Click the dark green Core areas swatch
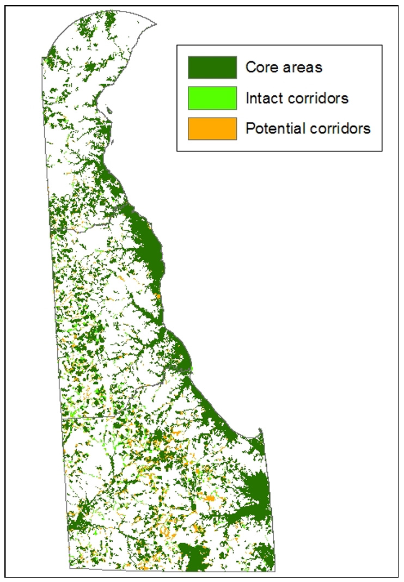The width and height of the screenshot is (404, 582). (212, 68)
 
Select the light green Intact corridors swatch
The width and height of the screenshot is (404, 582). (212, 98)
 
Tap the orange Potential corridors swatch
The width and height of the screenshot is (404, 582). (212, 128)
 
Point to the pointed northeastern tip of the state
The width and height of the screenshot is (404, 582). (156, 24)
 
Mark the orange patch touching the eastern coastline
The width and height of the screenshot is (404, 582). (158, 296)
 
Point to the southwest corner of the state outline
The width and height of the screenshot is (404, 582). (70, 569)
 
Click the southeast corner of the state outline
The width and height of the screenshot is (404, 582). (276, 571)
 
